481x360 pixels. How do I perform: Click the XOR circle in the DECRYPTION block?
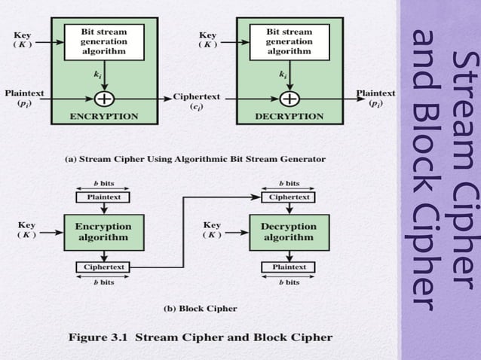tap(287, 99)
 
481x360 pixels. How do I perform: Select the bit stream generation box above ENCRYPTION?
tap(105, 42)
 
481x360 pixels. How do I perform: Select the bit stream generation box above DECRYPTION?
tap(288, 42)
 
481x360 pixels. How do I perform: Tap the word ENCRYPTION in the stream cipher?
tap(104, 117)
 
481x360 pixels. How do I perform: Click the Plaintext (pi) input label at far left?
tap(24, 99)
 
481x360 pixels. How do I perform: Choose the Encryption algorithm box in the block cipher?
tap(103, 231)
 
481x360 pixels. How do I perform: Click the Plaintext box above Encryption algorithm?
tap(103, 197)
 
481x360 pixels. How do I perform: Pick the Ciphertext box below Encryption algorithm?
tap(103, 267)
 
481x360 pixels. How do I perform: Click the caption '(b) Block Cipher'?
tap(200, 308)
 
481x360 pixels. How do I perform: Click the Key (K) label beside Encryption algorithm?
tap(28, 229)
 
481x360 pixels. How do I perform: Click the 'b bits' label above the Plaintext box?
tap(103, 182)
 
